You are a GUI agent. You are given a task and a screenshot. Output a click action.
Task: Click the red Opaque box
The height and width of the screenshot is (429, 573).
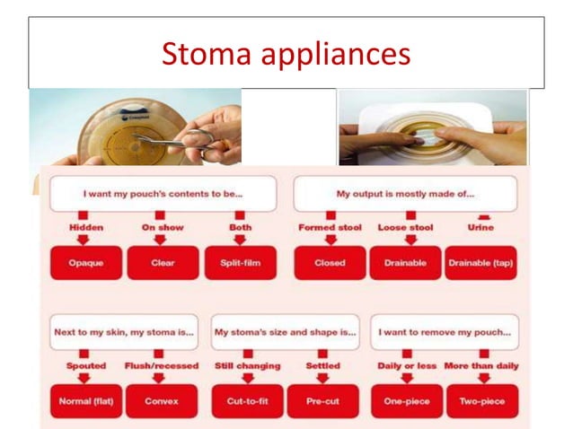85,263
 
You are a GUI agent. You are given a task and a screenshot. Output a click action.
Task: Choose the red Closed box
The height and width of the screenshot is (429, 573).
330,263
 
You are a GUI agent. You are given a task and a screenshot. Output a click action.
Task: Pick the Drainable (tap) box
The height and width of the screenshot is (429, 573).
480,263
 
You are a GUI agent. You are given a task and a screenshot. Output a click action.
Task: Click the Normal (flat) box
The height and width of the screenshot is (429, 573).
85,401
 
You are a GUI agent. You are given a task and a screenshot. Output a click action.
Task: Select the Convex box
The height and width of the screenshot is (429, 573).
161,401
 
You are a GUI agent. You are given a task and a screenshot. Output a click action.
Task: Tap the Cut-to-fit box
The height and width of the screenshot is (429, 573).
247,401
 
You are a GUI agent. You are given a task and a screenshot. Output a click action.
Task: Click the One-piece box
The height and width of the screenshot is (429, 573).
406,401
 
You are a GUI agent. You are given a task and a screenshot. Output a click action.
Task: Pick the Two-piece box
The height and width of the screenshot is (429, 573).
481,401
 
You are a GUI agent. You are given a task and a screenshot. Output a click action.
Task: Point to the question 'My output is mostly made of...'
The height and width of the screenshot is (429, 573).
405,193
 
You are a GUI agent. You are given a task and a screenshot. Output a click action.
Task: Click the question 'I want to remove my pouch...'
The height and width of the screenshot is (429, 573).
445,331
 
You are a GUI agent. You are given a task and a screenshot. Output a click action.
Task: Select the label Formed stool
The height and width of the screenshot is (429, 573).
330,228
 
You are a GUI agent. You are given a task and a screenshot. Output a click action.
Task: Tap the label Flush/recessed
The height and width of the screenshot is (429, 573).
161,366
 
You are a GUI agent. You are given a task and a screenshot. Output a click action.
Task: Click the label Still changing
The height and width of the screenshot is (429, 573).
247,366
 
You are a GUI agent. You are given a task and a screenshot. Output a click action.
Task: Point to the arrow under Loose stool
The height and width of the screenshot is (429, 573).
405,240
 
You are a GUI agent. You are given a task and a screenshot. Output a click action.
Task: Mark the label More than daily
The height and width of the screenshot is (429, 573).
481,366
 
